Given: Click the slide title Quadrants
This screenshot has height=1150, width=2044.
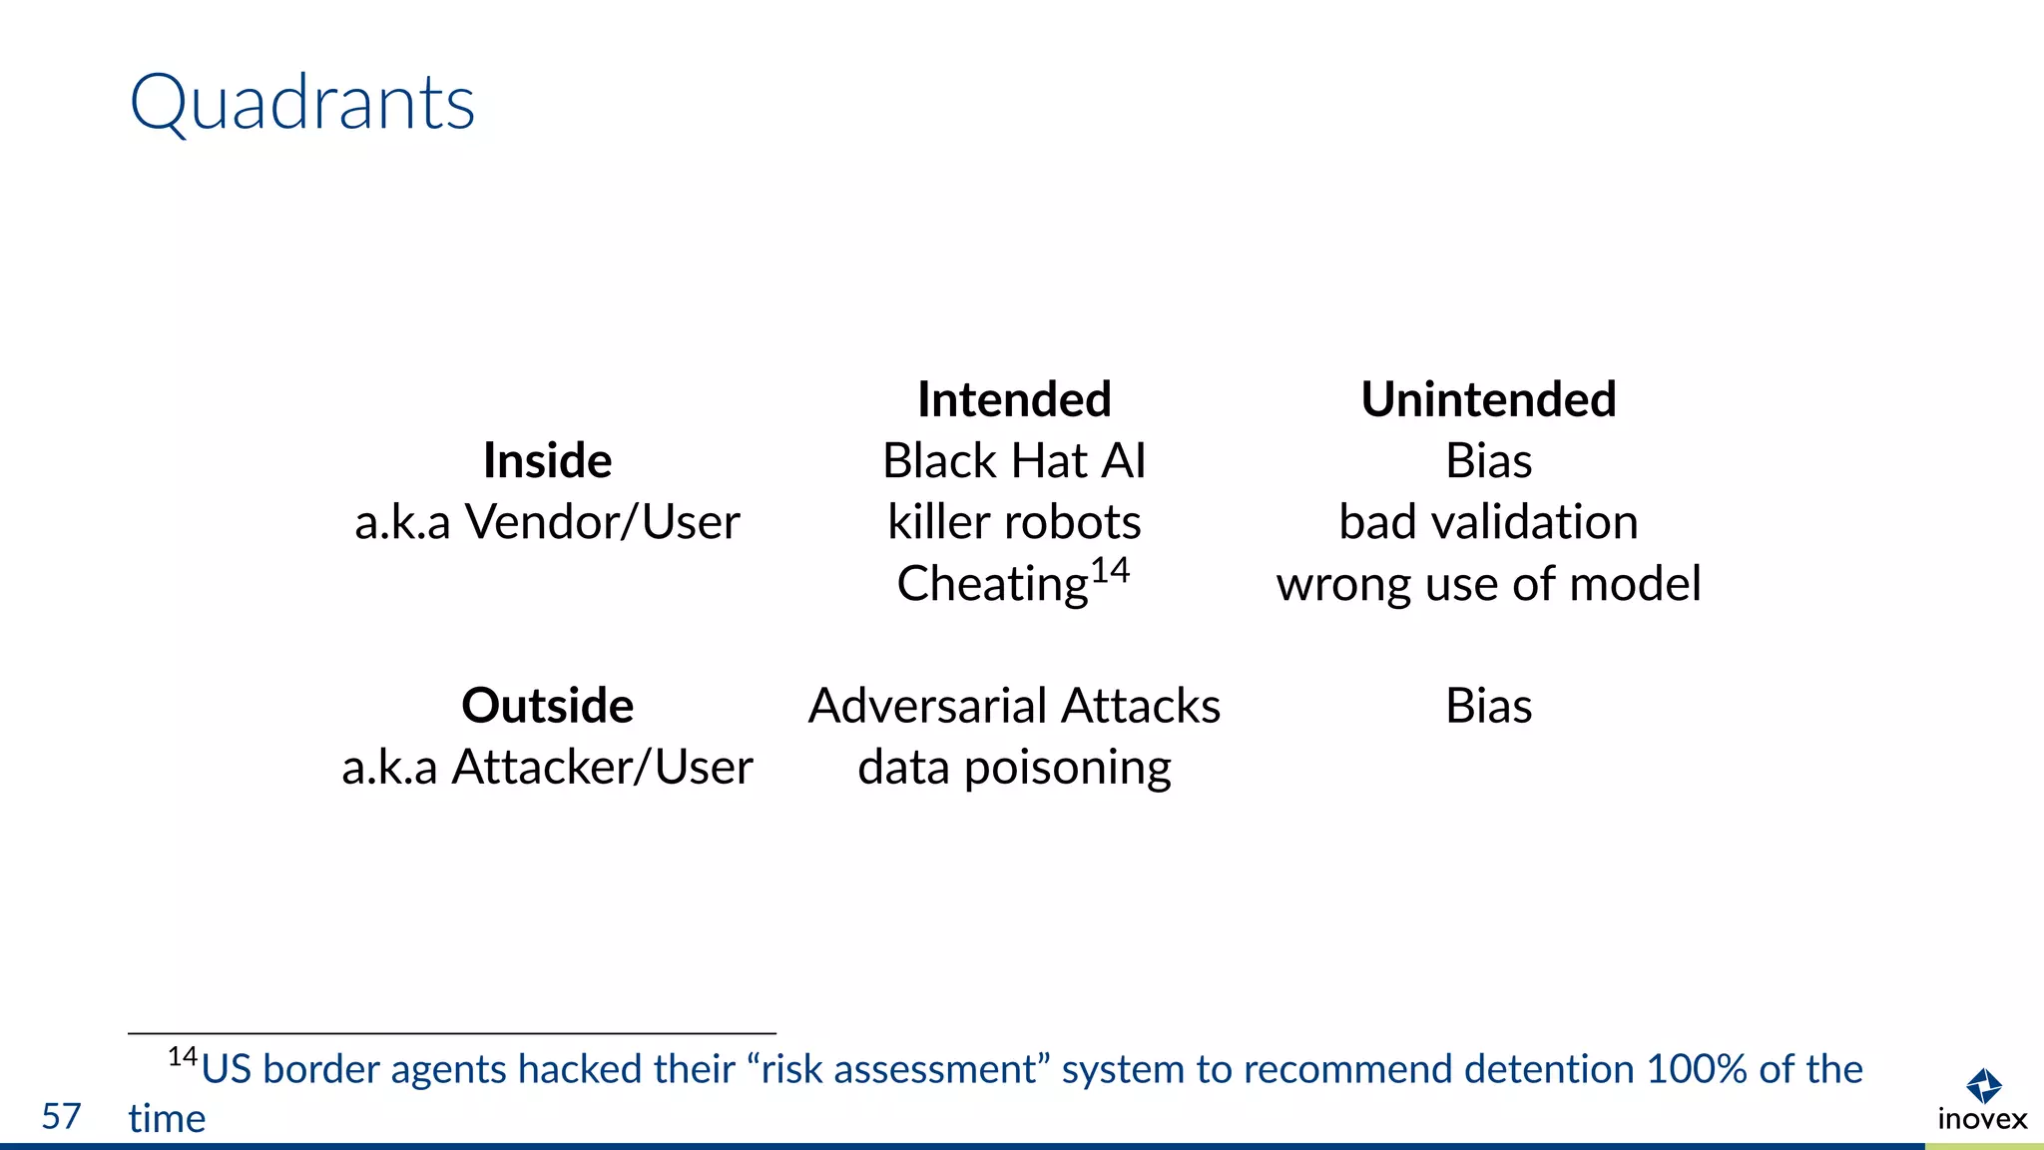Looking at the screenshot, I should (x=302, y=103).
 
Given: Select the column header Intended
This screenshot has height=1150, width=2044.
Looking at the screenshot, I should (x=1014, y=399).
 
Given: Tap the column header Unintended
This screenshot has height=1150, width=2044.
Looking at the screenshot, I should (x=1488, y=399).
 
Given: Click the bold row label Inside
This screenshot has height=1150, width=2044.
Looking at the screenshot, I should (x=547, y=460).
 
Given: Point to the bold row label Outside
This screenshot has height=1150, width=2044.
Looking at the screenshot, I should (x=547, y=706).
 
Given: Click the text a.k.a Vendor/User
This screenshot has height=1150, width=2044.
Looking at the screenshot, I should (x=547, y=522).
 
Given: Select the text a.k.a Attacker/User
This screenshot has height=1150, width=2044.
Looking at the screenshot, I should (x=547, y=768).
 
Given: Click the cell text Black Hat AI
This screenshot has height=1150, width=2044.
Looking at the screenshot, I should (x=1014, y=461).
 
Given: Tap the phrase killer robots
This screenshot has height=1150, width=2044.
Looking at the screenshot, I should (x=1014, y=522).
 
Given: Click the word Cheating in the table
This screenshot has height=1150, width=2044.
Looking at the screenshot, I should (x=992, y=584).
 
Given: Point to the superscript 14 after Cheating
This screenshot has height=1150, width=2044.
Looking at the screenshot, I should (x=1110, y=571).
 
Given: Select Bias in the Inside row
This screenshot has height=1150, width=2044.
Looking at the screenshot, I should (x=1488, y=461).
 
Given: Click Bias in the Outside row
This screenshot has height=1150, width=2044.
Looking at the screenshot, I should (x=1488, y=706).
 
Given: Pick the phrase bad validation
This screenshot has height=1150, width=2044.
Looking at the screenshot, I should (x=1488, y=522).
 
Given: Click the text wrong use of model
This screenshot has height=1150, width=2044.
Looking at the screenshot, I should (x=1488, y=584).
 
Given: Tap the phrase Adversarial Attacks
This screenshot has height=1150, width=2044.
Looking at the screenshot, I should (x=1014, y=706).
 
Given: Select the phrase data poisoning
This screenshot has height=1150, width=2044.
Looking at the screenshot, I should (x=1014, y=768).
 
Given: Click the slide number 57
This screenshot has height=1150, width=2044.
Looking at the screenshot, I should (x=61, y=1116).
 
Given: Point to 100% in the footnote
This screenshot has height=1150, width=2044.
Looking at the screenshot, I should (x=1697, y=1069).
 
